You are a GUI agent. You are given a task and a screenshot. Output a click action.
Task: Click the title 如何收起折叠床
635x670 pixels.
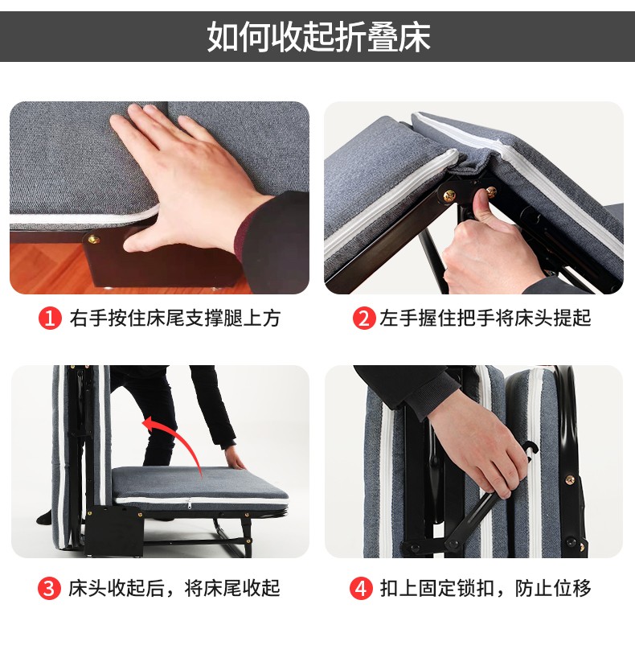[x=318, y=37]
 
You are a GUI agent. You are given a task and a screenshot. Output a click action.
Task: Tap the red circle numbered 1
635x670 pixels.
[x=50, y=319]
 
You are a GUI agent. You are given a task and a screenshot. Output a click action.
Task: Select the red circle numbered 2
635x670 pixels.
[x=364, y=319]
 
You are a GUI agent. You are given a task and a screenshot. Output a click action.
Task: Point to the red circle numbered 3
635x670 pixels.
[x=49, y=589]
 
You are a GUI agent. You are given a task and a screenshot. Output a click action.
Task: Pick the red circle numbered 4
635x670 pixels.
[x=361, y=589]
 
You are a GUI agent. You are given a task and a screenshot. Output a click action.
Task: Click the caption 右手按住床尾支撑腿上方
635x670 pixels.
[x=175, y=319]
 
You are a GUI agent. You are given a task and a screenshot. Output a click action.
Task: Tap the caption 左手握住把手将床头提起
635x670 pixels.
[x=485, y=319]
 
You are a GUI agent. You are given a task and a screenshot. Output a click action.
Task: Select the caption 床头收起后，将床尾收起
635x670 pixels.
[x=174, y=589]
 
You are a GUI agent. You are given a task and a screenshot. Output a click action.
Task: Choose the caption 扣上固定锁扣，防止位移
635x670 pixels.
[x=486, y=589]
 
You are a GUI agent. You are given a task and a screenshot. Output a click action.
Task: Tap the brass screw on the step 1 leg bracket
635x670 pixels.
[x=93, y=240]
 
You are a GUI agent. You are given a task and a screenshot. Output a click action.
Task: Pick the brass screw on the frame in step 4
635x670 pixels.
[x=570, y=479]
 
